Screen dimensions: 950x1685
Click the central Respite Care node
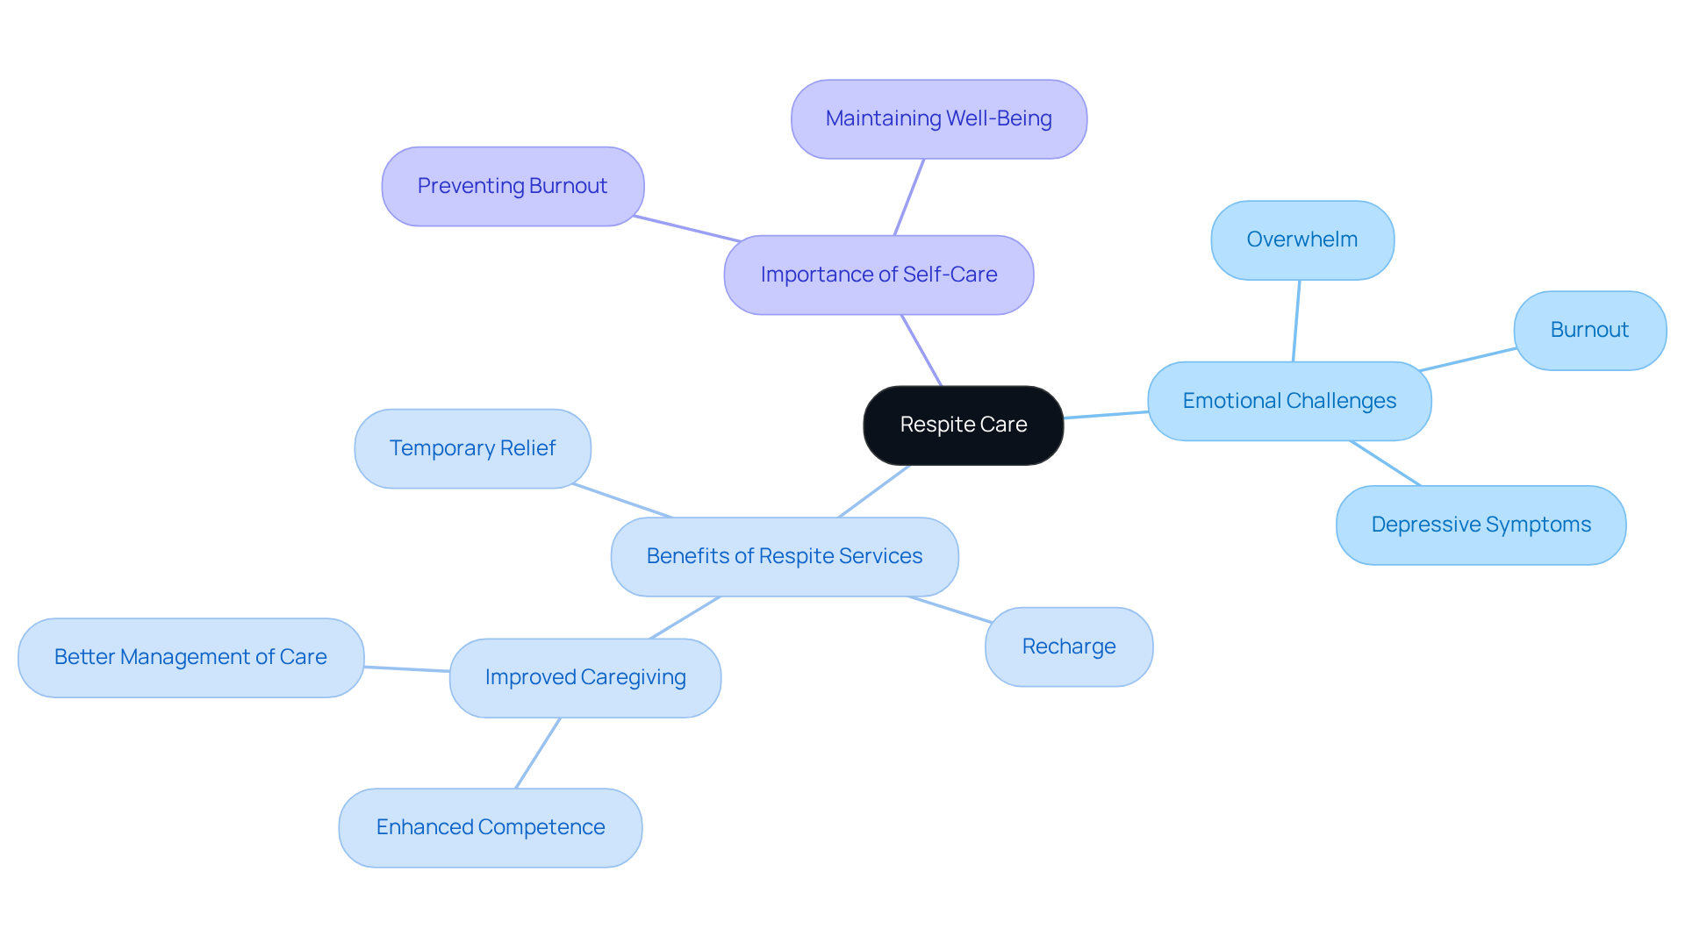[x=963, y=425]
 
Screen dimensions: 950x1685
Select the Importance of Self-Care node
[x=878, y=275]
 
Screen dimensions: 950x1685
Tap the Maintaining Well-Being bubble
[x=938, y=119]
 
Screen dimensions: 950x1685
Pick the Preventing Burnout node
[x=513, y=186]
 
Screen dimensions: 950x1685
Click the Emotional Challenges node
[x=1289, y=401]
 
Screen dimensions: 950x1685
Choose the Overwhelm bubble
[x=1301, y=240]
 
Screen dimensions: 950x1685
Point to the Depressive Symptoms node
[x=1481, y=525]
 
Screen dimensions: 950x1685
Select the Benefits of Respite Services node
[x=784, y=556]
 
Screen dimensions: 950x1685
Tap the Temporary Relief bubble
[x=472, y=448]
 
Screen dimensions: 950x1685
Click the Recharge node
[x=1068, y=646]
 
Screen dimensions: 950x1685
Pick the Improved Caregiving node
[x=584, y=677]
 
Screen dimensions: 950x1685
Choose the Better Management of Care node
[x=190, y=657]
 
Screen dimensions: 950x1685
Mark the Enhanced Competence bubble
[x=490, y=827]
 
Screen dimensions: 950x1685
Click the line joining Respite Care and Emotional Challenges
[x=1106, y=415]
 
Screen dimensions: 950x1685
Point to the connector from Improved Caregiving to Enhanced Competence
[x=537, y=753]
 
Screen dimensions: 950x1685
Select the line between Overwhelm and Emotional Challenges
[x=1296, y=321]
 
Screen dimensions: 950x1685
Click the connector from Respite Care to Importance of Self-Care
[x=921, y=350]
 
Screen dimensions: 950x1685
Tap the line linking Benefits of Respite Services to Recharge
[x=950, y=610]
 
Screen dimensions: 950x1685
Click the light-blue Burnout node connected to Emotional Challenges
[x=1589, y=331]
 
